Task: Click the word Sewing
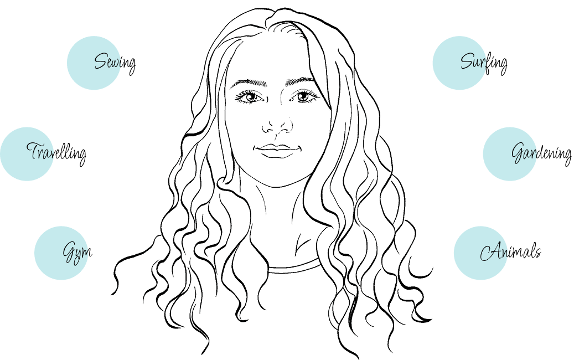(115, 63)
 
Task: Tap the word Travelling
(56, 153)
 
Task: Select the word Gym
(77, 253)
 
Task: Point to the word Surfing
(484, 63)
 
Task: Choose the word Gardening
(541, 153)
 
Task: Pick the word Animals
(510, 251)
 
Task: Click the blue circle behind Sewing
(94, 63)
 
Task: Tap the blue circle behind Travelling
(27, 154)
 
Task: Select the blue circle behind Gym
(61, 253)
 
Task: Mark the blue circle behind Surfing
(459, 63)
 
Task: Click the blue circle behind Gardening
(510, 154)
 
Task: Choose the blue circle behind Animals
(480, 253)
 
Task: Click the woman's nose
(277, 125)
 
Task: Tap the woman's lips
(277, 151)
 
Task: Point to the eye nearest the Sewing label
(250, 97)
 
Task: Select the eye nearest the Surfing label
(303, 96)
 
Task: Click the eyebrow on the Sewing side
(249, 83)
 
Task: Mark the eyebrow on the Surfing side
(301, 81)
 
